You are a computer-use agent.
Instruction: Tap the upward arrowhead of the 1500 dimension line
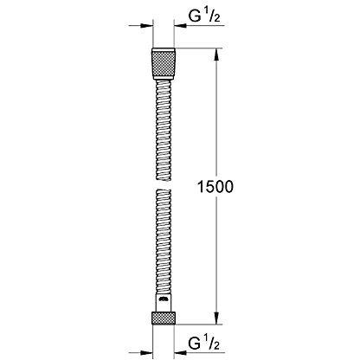tap(215, 54)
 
